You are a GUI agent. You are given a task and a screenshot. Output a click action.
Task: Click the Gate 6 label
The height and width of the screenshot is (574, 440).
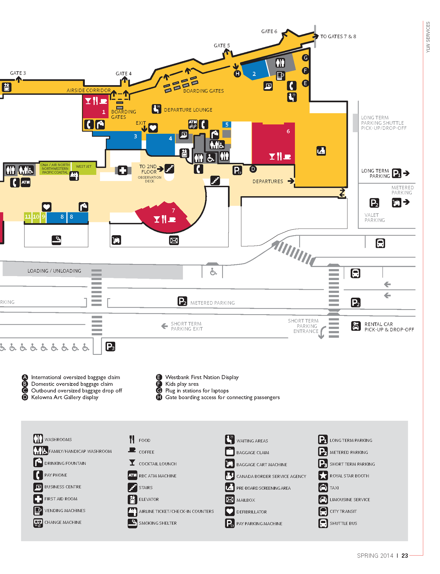click(x=269, y=31)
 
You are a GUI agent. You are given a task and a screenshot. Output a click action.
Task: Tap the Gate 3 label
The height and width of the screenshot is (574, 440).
click(x=18, y=73)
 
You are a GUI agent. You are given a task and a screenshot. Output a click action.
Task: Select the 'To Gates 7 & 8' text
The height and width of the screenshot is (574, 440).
click(x=338, y=36)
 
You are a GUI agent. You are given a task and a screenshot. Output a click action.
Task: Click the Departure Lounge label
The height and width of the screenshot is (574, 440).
click(x=188, y=110)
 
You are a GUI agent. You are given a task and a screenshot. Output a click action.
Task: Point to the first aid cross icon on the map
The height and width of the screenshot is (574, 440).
click(x=122, y=170)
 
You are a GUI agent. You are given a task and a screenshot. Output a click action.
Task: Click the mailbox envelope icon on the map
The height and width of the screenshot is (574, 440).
click(x=174, y=240)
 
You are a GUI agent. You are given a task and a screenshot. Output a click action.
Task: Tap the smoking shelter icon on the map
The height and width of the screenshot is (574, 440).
click(x=56, y=240)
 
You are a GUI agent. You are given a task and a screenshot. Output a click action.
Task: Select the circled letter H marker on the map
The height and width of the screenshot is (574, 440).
click(x=237, y=74)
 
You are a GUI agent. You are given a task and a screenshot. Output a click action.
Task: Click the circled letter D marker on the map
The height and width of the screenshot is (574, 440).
click(x=253, y=169)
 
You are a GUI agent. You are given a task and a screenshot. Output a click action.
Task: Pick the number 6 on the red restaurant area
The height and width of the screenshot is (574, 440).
click(x=288, y=131)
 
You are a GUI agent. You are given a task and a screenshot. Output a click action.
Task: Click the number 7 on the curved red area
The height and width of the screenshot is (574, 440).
click(x=173, y=210)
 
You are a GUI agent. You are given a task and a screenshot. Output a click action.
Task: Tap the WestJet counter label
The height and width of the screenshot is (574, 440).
click(x=83, y=166)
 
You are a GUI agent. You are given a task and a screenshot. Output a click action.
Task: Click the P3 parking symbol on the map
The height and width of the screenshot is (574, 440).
click(x=110, y=347)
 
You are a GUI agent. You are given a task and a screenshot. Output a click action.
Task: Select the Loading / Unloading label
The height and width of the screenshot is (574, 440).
click(x=54, y=271)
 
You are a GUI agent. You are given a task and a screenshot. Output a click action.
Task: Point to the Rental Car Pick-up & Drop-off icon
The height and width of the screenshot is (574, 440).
click(x=356, y=326)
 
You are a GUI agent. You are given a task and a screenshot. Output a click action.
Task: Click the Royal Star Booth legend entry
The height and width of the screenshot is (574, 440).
click(x=344, y=476)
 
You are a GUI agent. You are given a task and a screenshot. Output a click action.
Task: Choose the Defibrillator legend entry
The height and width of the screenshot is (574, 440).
click(x=246, y=511)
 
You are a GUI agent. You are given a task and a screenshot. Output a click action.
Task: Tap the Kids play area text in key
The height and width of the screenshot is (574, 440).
click(x=182, y=384)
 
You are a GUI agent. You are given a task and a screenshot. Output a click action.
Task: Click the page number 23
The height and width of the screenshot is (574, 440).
click(x=404, y=556)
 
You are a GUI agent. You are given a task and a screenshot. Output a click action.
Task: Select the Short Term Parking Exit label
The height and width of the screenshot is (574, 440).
click(x=187, y=326)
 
